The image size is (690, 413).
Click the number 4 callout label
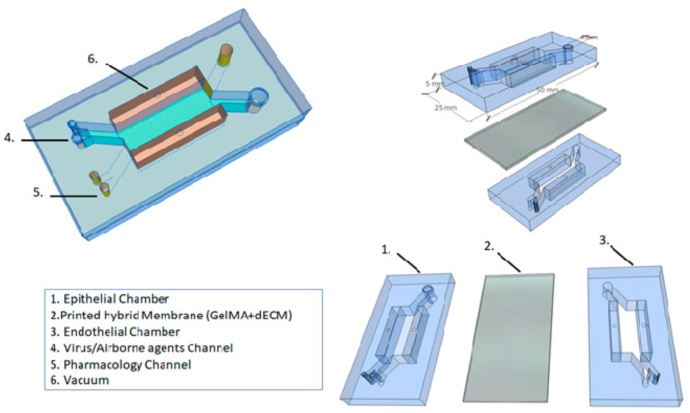[9, 138]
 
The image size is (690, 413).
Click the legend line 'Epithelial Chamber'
[110, 299]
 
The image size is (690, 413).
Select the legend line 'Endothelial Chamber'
[115, 332]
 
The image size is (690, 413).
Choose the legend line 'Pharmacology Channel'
[121, 364]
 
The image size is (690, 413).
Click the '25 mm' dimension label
[446, 107]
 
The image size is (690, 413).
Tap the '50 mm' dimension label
[547, 90]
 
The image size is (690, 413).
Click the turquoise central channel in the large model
[167, 120]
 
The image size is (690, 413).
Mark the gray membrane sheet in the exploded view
[535, 129]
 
